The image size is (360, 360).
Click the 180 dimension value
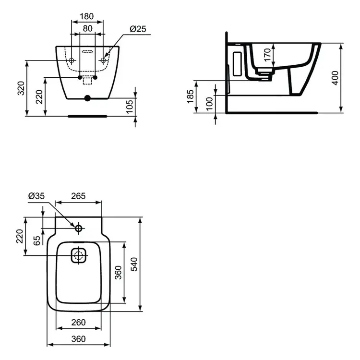pos(87,16)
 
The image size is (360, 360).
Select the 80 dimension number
pos(87,28)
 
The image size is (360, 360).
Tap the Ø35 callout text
pos(36,196)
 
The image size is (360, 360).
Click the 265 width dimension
pos(78,196)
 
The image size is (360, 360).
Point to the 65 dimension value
pos(37,241)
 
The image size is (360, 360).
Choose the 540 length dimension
pos(134,264)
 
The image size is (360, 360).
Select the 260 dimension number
pos(79,322)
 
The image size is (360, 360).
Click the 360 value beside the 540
pos(118,272)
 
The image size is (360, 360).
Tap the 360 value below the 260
pos(79,338)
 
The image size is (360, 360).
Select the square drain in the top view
pos(78,255)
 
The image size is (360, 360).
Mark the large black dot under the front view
pos(87,98)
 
